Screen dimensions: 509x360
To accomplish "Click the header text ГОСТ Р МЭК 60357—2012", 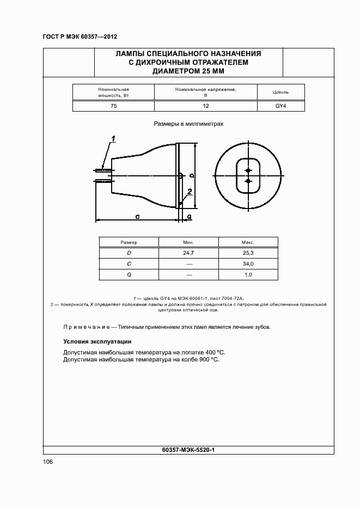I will click(x=80, y=37).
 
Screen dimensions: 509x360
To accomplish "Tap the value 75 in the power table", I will click(x=113, y=106).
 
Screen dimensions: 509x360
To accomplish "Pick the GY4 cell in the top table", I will click(x=280, y=106).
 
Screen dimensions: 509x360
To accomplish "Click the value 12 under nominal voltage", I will click(x=205, y=106).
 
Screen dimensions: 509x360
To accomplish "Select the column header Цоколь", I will click(x=280, y=93).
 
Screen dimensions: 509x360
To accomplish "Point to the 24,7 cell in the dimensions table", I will click(x=189, y=253).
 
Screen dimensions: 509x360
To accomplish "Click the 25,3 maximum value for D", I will click(x=248, y=253).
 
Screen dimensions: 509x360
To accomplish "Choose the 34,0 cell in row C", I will click(x=248, y=264).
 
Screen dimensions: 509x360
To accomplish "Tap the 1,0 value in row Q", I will click(x=248, y=275).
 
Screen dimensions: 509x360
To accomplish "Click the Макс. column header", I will click(x=248, y=242).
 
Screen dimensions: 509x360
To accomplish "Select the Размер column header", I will click(x=129, y=242).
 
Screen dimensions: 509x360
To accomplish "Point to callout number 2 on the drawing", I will click(x=189, y=191).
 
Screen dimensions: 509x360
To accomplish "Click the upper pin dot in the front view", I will click(x=248, y=169).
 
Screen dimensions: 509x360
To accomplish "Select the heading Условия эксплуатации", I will click(x=97, y=342).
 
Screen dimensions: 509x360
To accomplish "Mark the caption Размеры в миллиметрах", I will click(x=188, y=124).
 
